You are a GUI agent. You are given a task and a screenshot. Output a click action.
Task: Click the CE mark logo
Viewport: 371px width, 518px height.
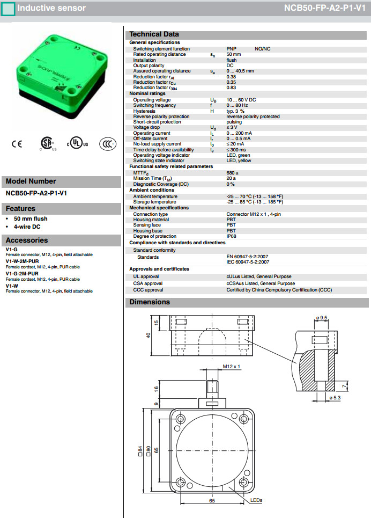tap(17, 144)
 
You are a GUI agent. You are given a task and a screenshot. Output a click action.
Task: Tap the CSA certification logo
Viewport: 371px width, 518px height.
tap(48, 144)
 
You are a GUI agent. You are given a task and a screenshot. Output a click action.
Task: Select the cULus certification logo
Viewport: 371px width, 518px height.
tap(77, 143)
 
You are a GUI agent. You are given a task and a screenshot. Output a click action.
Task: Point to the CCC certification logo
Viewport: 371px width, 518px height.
tap(108, 144)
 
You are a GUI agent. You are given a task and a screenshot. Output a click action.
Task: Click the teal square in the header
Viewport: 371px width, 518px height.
tap(8, 9)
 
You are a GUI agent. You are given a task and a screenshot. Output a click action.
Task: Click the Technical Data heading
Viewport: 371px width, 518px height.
tap(154, 34)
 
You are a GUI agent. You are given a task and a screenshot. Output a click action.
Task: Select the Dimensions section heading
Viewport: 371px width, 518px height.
tap(150, 302)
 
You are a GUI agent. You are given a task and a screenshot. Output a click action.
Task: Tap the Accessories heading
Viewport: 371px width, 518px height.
tap(27, 240)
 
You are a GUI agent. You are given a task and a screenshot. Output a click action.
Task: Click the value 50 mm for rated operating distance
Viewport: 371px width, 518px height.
tap(234, 54)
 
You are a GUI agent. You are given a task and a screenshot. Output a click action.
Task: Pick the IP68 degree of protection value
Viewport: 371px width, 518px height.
tap(232, 236)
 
